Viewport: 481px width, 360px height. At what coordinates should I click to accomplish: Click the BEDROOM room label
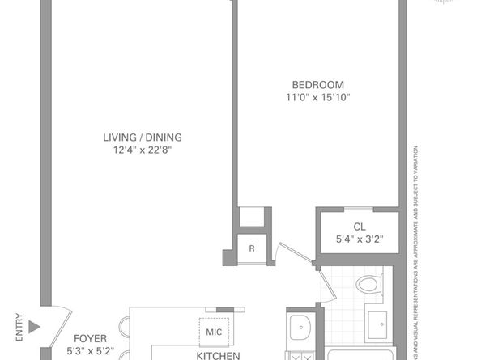pos(318,85)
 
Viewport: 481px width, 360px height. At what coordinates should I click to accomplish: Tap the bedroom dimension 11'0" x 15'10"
pos(318,98)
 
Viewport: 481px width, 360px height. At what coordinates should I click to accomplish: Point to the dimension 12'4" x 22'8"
pos(143,150)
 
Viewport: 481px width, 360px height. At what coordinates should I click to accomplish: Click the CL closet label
pos(358,227)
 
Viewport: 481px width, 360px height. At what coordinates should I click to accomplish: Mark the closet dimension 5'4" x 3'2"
pos(358,239)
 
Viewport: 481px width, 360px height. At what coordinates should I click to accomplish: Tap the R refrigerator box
pos(252,248)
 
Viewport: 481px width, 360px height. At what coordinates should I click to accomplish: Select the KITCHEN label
pos(218,355)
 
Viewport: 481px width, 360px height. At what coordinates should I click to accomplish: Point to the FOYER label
pos(90,339)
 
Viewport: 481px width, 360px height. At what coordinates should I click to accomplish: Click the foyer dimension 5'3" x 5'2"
pos(90,352)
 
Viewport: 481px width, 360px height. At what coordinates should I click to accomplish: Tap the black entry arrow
pos(33,328)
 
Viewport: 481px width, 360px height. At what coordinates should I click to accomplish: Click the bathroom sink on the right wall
pos(378,325)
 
